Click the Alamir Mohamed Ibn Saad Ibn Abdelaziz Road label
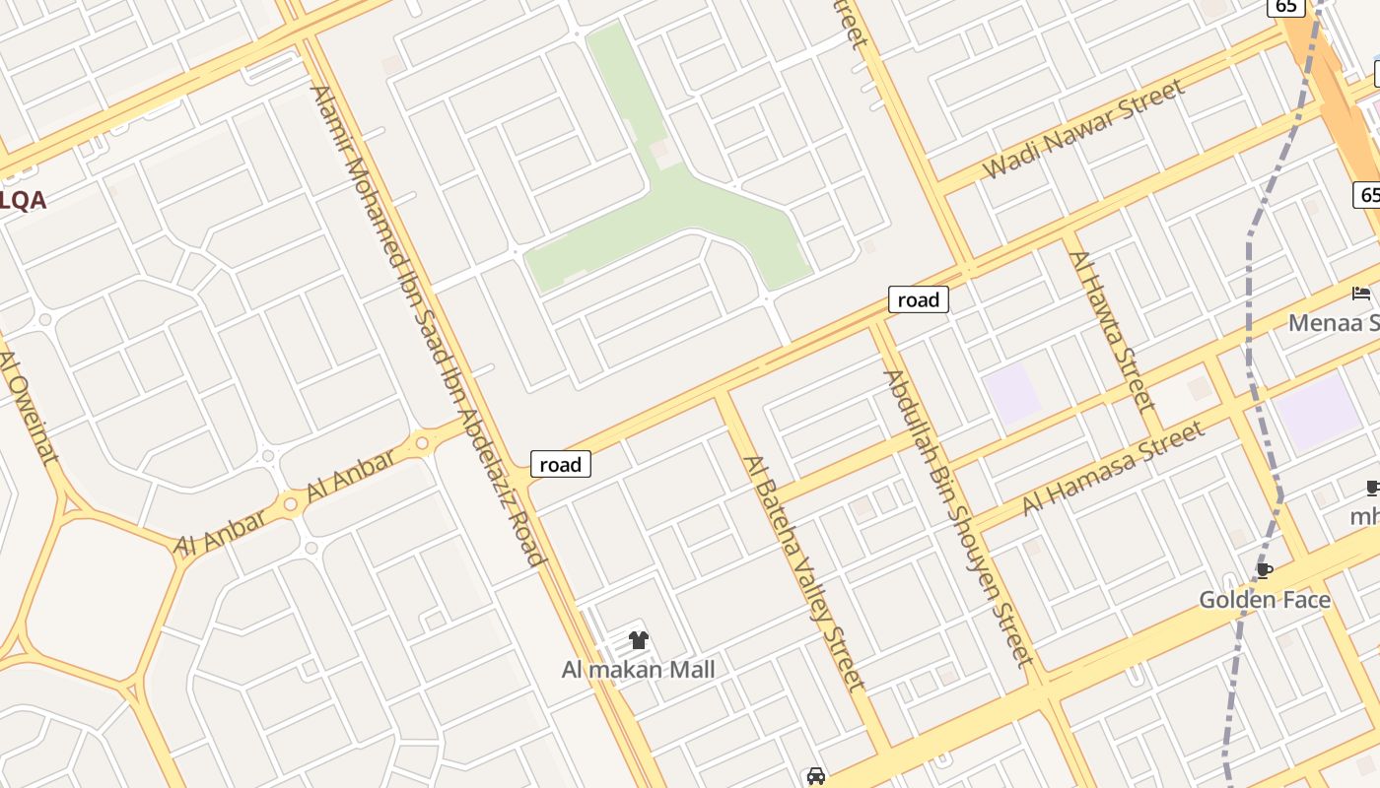[428, 325]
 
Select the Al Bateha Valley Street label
[803, 572]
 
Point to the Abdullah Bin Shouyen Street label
[956, 517]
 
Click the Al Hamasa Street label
[1113, 468]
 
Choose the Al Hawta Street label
[1111, 331]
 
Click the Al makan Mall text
[638, 670]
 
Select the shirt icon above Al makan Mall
[638, 640]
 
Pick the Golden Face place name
[1264, 600]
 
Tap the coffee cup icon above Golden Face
[1264, 570]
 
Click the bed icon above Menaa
[1361, 293]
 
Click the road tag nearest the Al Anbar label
[561, 464]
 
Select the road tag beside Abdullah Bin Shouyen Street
[918, 299]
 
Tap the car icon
[815, 776]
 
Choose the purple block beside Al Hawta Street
[1011, 393]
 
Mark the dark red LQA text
[23, 200]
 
